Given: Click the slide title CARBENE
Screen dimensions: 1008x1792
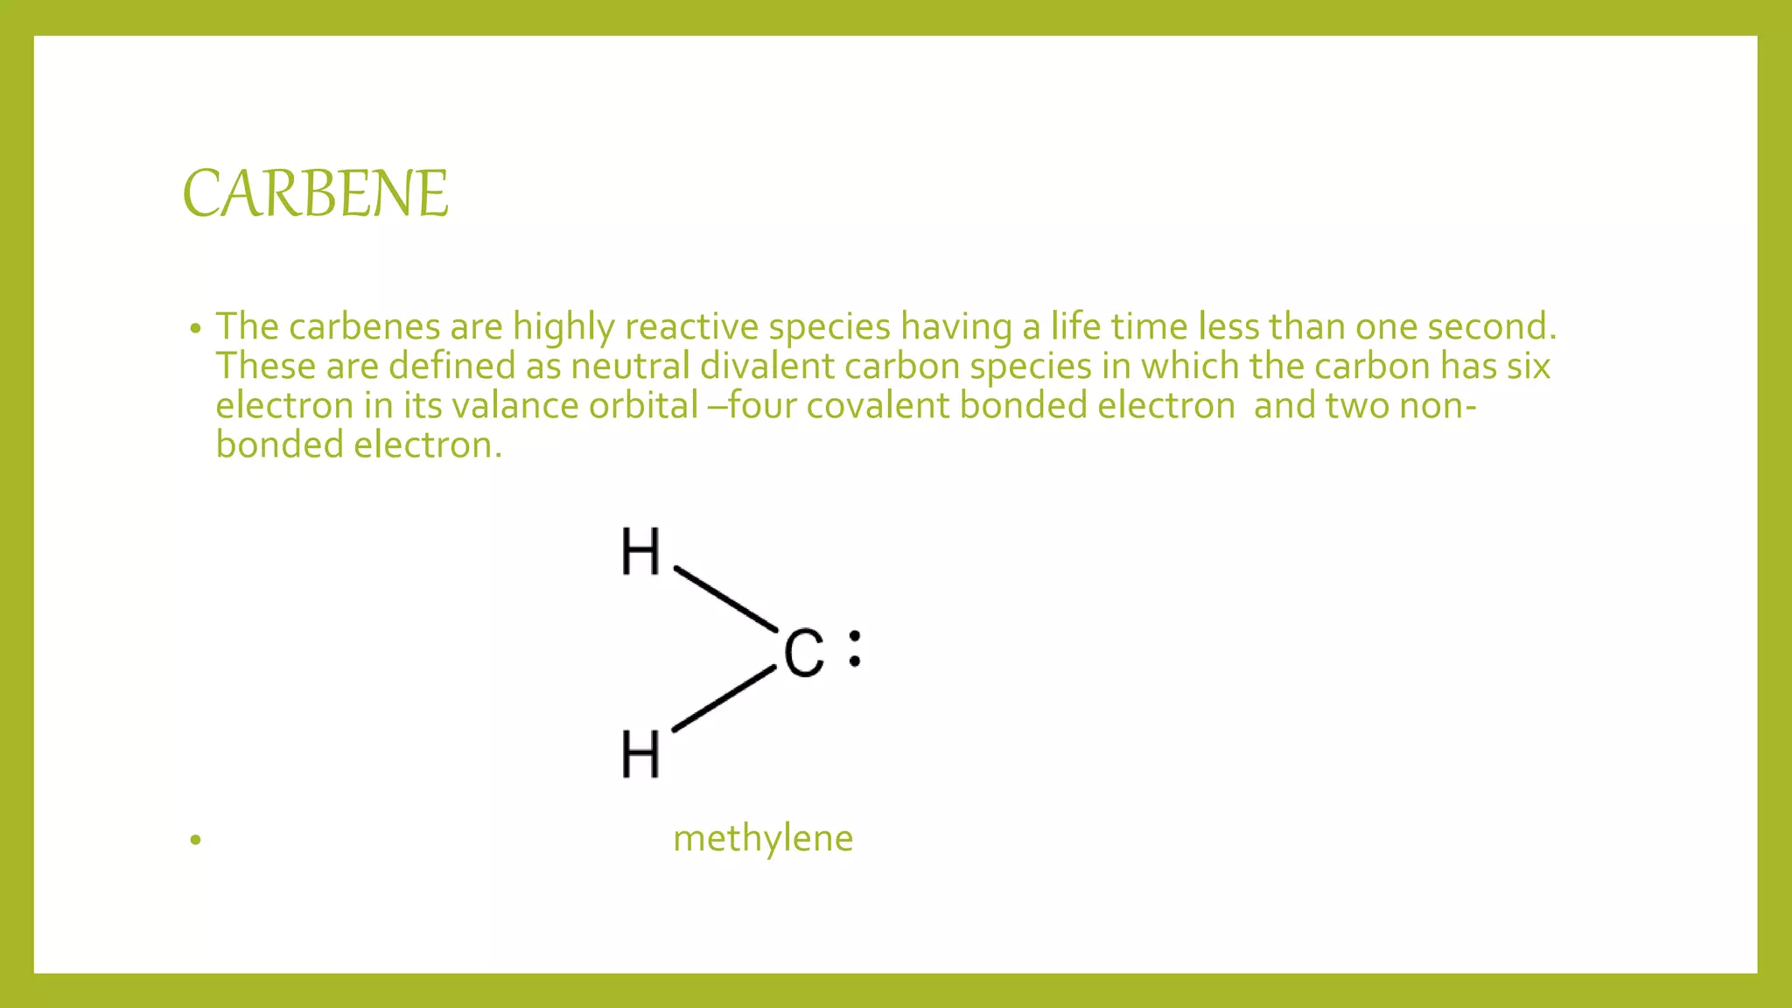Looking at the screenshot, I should click(315, 193).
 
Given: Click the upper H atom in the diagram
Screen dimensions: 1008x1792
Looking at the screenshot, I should click(640, 552).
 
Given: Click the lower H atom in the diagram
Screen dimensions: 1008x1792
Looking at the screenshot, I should click(640, 754).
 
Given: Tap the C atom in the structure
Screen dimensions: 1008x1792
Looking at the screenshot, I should click(803, 654).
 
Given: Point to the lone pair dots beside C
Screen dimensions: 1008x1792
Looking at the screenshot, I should click(855, 648).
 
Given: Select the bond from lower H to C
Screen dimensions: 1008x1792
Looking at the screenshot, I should click(724, 698).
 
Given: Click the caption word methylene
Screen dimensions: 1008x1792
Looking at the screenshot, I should click(762, 838).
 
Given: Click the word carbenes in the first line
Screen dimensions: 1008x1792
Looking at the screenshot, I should click(364, 327).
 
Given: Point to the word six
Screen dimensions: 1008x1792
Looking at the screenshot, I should click(1528, 367).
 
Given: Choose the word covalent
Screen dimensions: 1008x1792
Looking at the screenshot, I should click(878, 406).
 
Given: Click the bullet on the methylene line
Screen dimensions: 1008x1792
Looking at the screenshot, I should click(195, 841).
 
